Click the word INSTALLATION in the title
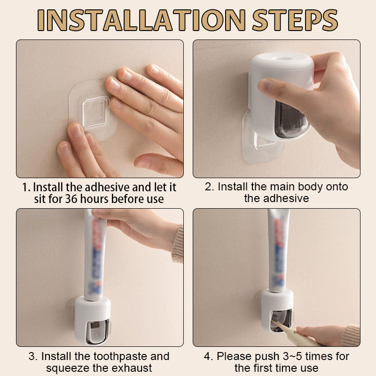pos(141,20)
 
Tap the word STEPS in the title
pos(295,20)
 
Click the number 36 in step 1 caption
pos(71,199)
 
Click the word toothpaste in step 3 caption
pos(119,357)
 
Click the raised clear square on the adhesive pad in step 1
pos(95,112)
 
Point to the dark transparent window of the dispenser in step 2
pos(291,120)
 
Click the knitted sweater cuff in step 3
pos(178,243)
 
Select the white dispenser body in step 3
pos(93,321)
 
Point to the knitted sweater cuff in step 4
pos(351,336)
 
